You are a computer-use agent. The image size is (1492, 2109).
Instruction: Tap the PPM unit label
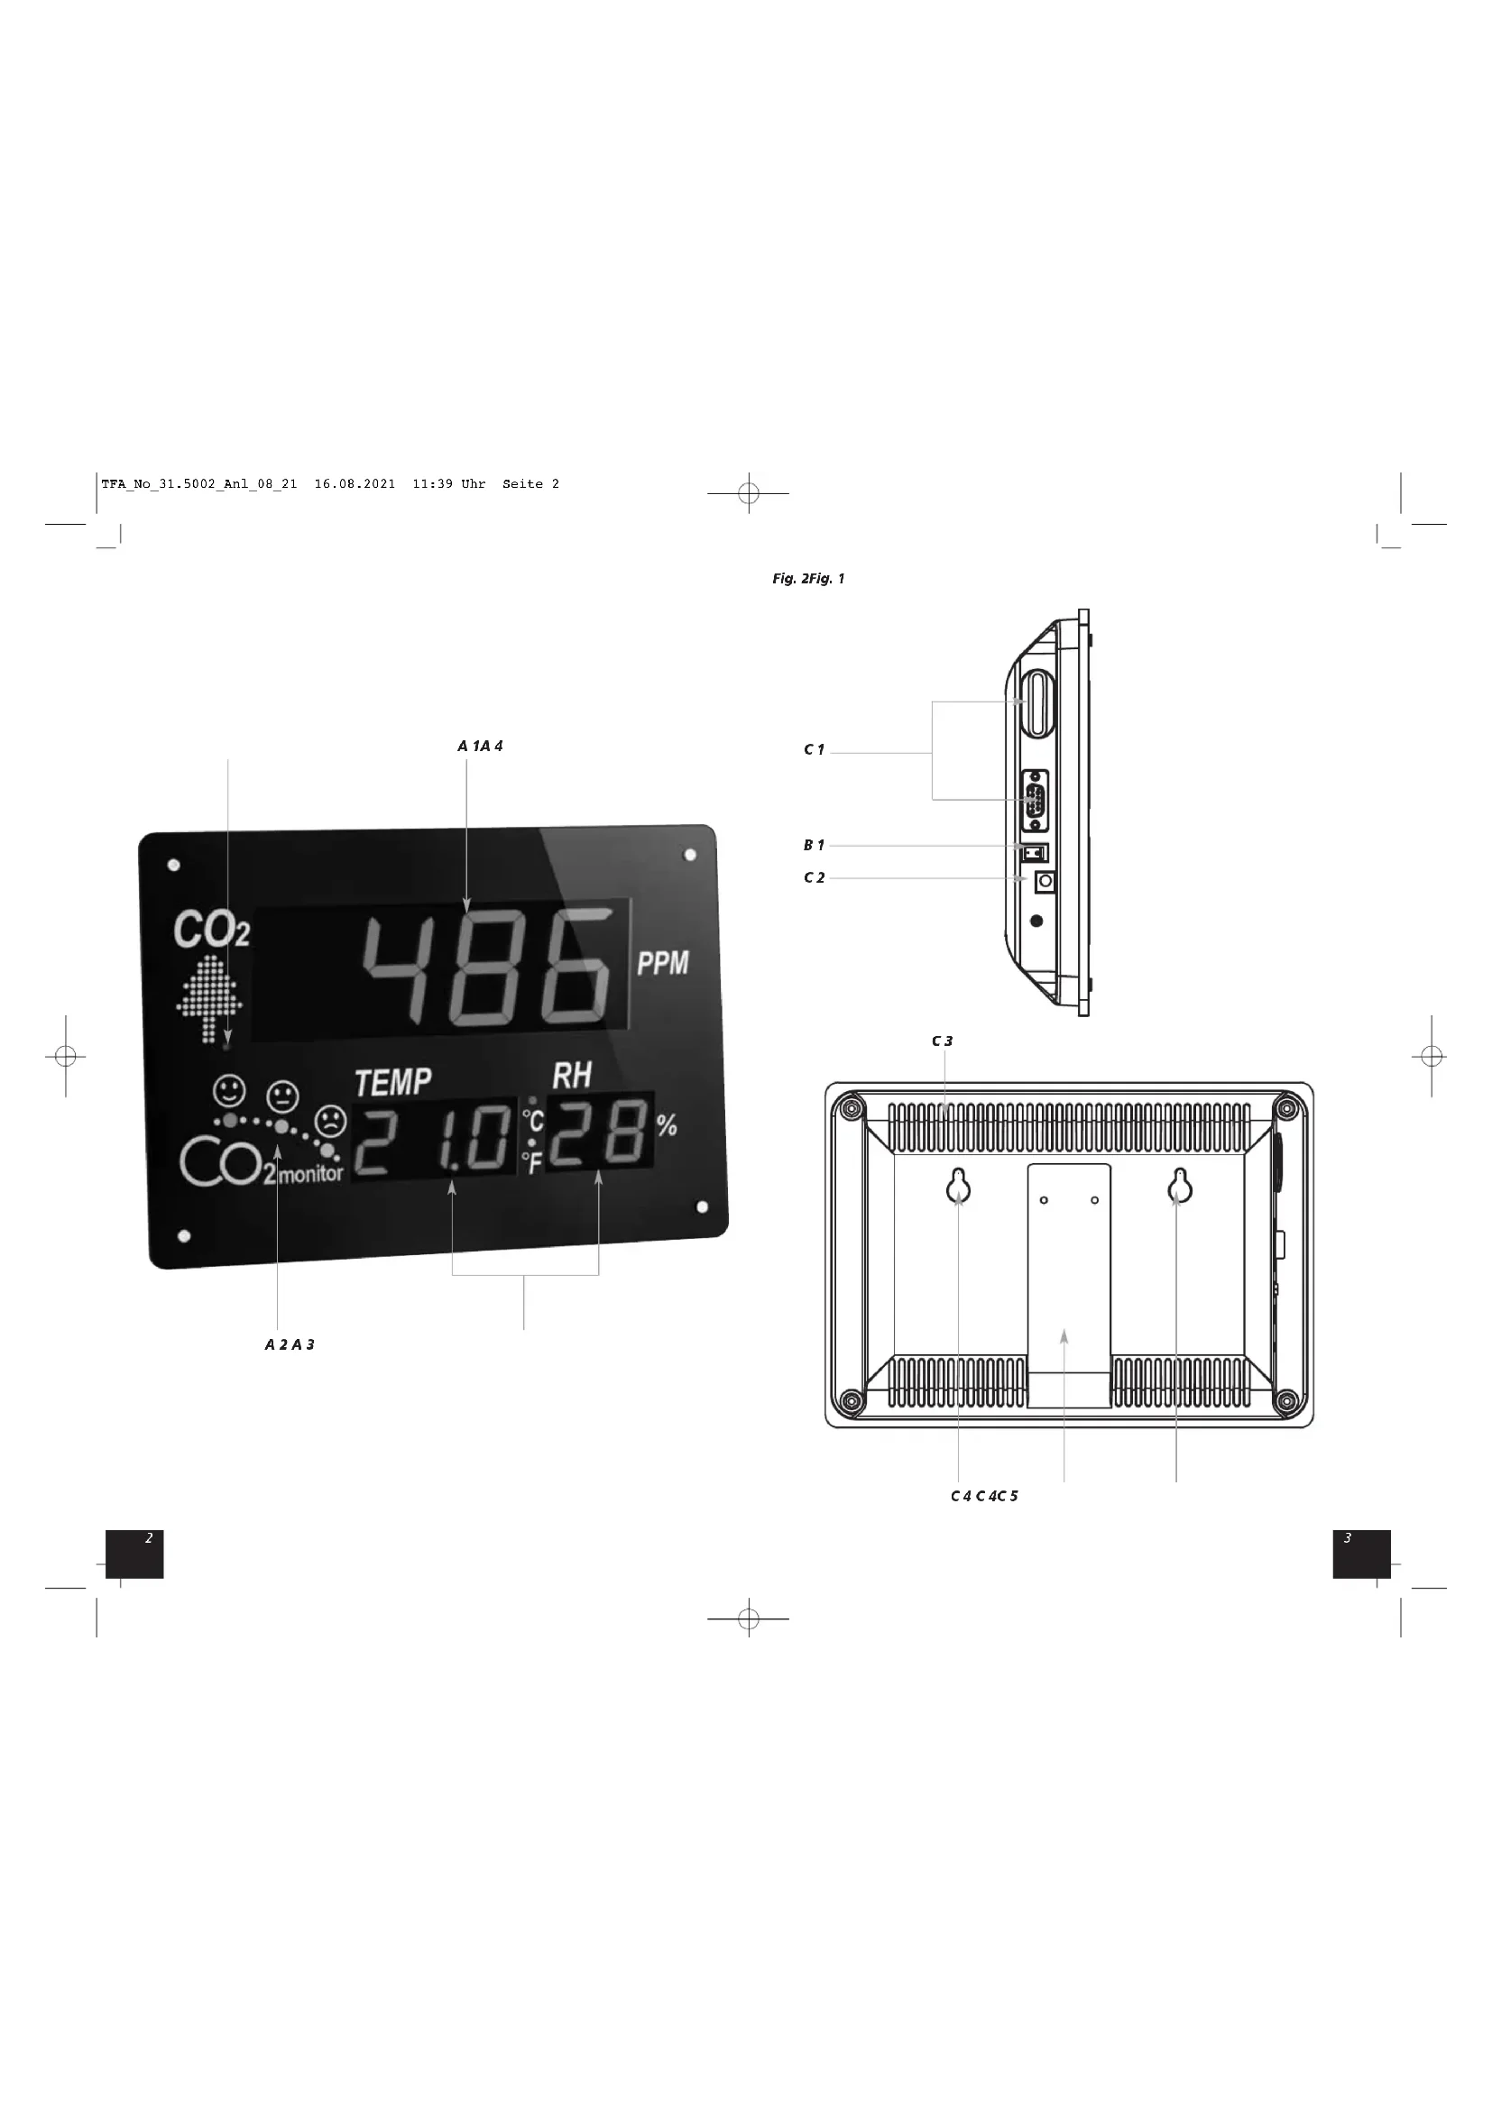click(662, 964)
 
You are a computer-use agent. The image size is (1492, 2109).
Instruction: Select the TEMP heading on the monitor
click(393, 1082)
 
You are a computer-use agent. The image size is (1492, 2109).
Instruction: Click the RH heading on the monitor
click(571, 1076)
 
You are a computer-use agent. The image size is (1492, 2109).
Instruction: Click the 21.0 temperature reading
click(434, 1139)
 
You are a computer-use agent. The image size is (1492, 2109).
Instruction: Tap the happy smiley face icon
click(229, 1091)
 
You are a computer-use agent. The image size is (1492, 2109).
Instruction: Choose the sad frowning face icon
click(330, 1122)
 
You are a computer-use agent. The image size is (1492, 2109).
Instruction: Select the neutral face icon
click(282, 1096)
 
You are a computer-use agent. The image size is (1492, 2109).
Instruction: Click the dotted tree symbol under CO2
click(209, 998)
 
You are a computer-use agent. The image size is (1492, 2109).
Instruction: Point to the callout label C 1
click(814, 749)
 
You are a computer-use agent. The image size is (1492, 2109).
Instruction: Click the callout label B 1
click(814, 845)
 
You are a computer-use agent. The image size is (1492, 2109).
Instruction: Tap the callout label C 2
click(814, 878)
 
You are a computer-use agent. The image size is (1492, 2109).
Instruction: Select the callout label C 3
click(942, 1041)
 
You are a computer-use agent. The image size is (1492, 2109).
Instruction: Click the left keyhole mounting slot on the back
click(958, 1187)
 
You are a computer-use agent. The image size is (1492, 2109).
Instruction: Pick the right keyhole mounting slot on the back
click(1180, 1187)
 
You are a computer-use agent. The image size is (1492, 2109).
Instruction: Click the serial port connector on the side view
click(1035, 800)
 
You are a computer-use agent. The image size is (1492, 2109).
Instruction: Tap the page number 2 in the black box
click(149, 1537)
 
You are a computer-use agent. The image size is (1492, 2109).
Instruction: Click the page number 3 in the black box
click(1347, 1537)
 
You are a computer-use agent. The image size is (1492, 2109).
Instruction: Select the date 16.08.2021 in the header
click(355, 484)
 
